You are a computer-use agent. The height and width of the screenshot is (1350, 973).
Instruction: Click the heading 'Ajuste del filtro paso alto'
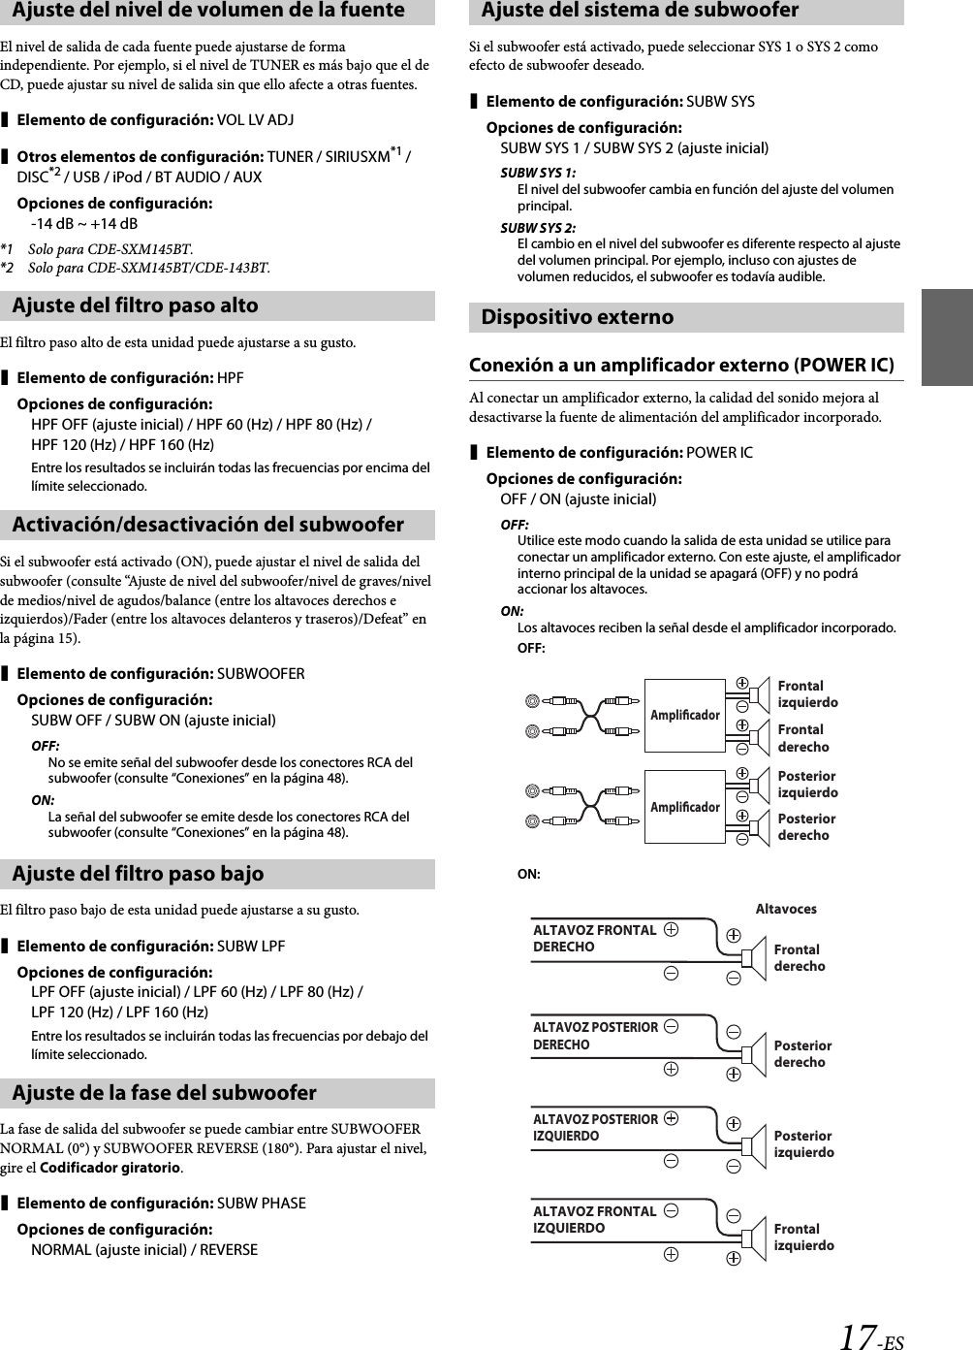(x=136, y=305)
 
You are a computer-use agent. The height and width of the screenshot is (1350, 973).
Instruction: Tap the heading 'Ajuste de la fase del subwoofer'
(x=165, y=1093)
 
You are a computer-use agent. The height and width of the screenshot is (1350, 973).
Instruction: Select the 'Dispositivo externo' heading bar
(x=578, y=317)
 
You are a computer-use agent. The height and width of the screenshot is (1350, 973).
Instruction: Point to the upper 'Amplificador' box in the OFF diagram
(x=685, y=715)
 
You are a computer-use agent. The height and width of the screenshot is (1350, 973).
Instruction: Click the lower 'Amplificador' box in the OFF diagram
(x=685, y=807)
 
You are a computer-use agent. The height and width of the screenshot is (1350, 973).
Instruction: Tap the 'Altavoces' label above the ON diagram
(x=785, y=909)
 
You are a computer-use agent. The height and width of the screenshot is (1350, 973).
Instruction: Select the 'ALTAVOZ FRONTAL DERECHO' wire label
(x=594, y=938)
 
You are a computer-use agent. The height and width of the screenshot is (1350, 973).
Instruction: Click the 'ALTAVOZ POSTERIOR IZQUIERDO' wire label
(x=595, y=1127)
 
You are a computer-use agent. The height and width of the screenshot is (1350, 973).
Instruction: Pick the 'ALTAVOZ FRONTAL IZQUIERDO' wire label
(x=594, y=1219)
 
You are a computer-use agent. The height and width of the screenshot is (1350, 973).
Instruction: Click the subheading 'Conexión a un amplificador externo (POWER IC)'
(x=681, y=366)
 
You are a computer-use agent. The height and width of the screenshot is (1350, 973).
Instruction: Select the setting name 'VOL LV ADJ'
(x=256, y=119)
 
